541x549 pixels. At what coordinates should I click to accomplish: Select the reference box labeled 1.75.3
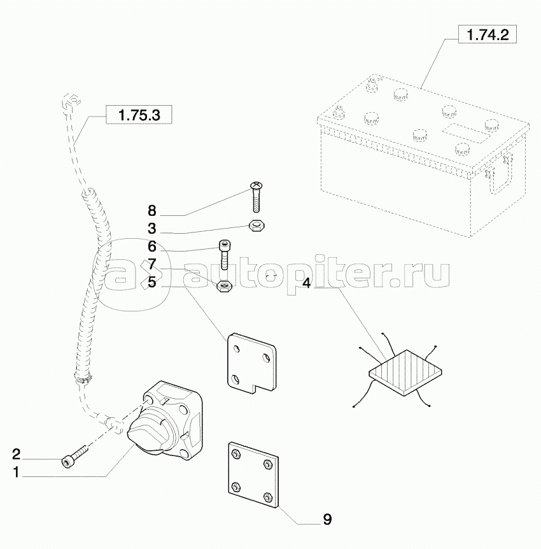pyautogui.click(x=139, y=115)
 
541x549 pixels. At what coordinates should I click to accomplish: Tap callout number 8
pyautogui.click(x=151, y=211)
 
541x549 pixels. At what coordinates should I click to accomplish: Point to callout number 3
pyautogui.click(x=151, y=229)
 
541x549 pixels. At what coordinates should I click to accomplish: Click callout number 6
pyautogui.click(x=151, y=246)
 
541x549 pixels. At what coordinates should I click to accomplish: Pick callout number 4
pyautogui.click(x=306, y=283)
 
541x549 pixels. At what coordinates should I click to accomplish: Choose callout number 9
pyautogui.click(x=327, y=519)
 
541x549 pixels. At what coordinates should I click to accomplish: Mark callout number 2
pyautogui.click(x=17, y=453)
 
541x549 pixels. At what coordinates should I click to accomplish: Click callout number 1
pyautogui.click(x=17, y=473)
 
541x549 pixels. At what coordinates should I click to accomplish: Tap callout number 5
pyautogui.click(x=151, y=282)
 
